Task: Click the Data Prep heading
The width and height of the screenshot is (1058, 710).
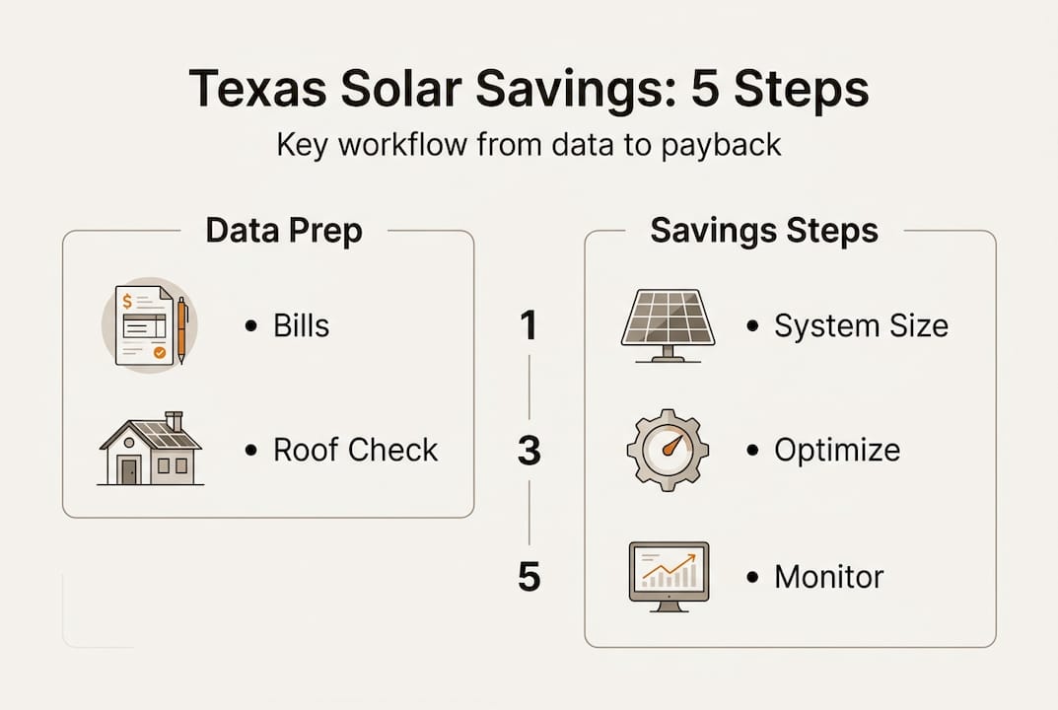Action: [x=284, y=231]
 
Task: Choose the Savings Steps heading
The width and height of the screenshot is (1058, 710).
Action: [x=764, y=231]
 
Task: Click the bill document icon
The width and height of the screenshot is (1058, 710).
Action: [x=144, y=324]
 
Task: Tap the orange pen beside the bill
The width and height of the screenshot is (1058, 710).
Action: [x=181, y=329]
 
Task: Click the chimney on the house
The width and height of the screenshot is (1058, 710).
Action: [x=175, y=421]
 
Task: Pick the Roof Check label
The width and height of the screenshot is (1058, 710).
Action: [x=355, y=451]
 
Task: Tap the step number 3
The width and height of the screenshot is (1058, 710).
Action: [x=529, y=451]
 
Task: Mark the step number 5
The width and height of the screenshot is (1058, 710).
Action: [x=529, y=577]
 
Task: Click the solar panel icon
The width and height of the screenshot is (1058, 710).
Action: [x=668, y=324]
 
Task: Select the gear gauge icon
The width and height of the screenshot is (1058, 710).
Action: [x=668, y=450]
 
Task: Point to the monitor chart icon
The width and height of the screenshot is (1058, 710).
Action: [x=668, y=575]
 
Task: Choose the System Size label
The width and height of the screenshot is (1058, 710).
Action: [x=861, y=326]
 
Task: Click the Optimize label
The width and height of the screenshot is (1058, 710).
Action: [x=836, y=451]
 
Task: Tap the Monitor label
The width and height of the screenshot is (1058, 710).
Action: [x=828, y=577]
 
